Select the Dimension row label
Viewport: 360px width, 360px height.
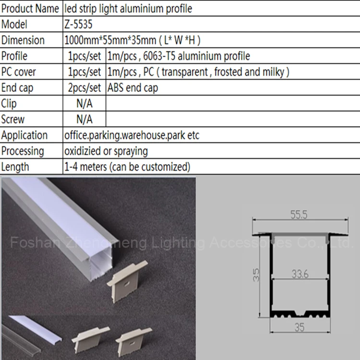[23, 40]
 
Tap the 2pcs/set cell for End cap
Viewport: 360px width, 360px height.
[84, 88]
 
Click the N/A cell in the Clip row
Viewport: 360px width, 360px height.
[84, 104]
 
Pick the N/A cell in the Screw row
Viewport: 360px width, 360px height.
[84, 120]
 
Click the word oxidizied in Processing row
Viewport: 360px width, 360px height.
[82, 151]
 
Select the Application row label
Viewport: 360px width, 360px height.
[24, 135]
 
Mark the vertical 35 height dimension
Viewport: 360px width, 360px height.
[256, 275]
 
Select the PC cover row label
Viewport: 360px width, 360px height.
[19, 72]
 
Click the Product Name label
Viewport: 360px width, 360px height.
[31, 8]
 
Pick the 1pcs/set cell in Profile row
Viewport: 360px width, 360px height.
[84, 56]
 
